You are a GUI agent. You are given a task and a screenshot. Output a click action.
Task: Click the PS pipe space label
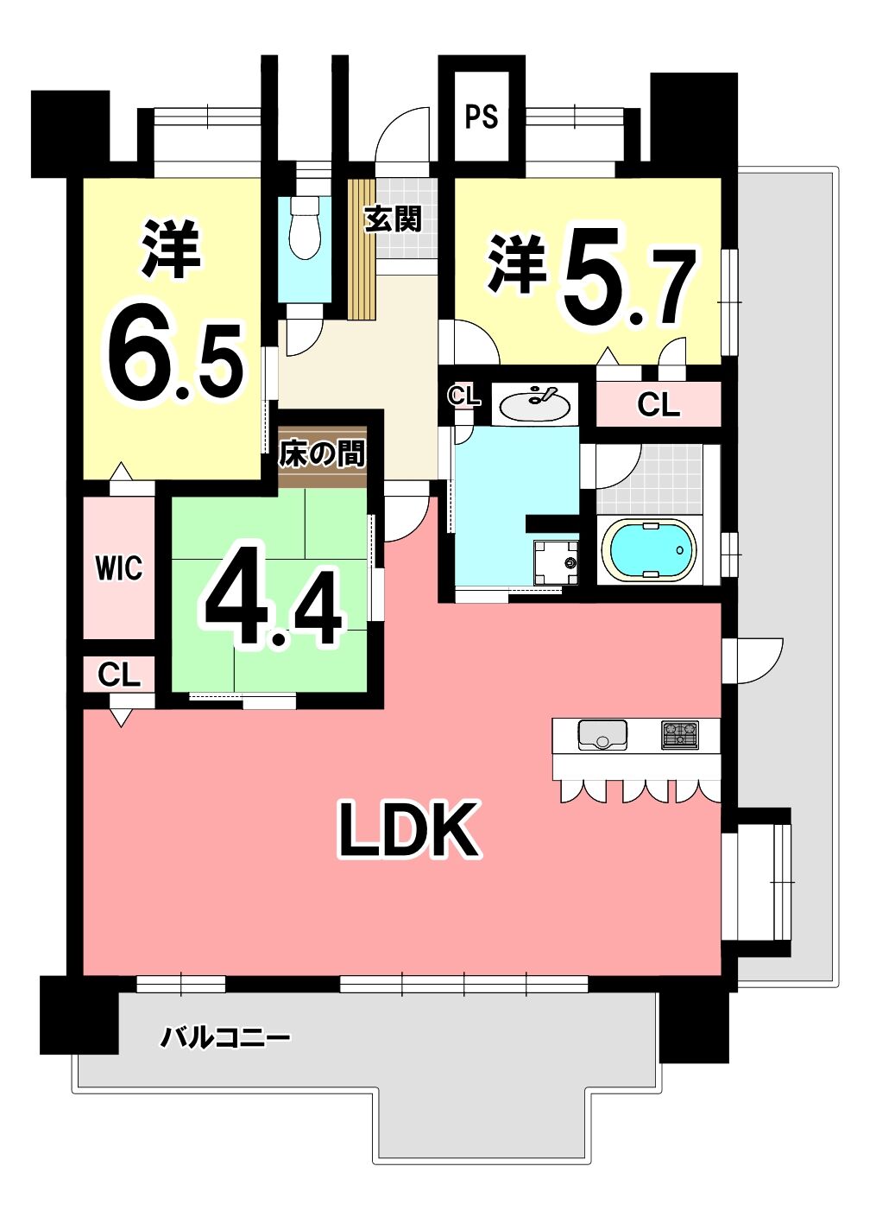point(482,116)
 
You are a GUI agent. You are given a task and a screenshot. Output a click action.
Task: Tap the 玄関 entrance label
point(393,219)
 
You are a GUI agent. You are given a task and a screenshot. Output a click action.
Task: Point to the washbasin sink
point(534,403)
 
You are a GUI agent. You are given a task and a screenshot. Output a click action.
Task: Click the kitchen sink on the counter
point(602,734)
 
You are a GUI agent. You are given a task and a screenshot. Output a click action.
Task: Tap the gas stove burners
point(679,734)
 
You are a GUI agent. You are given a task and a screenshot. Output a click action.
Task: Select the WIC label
point(119,567)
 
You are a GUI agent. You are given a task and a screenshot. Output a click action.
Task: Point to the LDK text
point(409,830)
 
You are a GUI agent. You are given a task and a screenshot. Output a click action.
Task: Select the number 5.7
point(628,277)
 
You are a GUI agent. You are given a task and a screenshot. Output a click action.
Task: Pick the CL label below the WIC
point(119,675)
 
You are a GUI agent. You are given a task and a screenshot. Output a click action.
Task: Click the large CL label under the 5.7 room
point(659,405)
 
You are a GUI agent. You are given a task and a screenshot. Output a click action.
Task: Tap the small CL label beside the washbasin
point(464,396)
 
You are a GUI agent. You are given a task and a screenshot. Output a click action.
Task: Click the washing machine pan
point(556,562)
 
